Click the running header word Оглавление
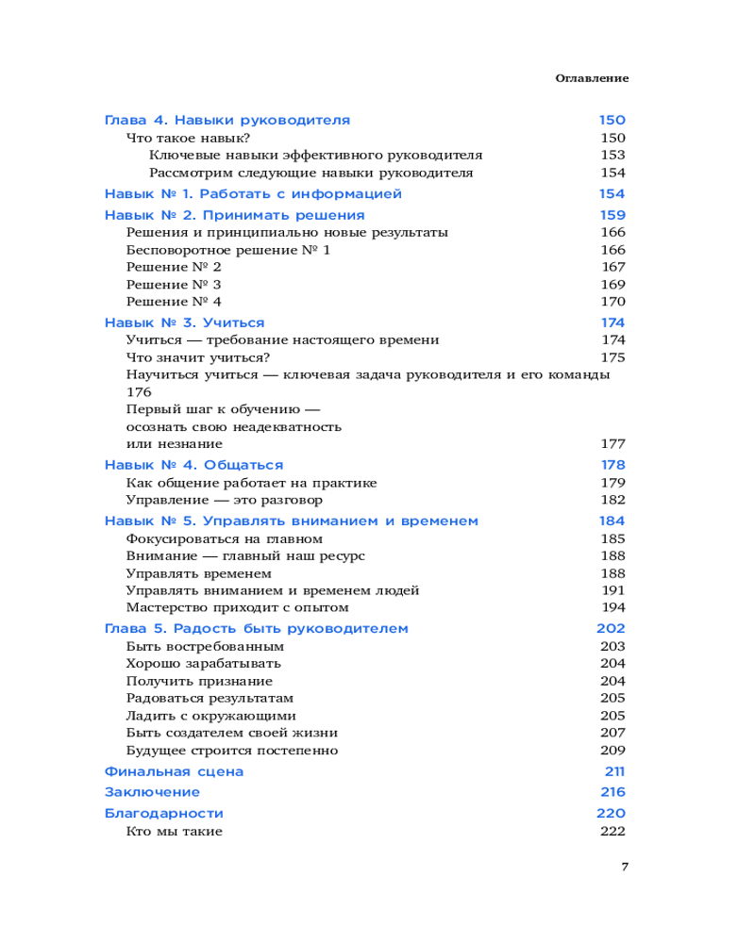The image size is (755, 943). click(x=592, y=78)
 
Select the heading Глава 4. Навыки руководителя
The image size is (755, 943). click(x=226, y=121)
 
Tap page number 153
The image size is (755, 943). click(x=612, y=156)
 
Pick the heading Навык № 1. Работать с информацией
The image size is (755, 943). click(x=253, y=194)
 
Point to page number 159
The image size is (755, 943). click(x=612, y=215)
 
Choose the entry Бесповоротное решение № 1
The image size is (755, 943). click(x=227, y=250)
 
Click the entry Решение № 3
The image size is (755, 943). click(x=174, y=285)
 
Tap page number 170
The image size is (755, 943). click(x=612, y=302)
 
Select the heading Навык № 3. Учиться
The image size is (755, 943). click(x=184, y=323)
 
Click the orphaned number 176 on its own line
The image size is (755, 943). click(x=139, y=392)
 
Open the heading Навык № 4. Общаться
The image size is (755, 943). click(x=193, y=465)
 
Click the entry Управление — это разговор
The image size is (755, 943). click(x=224, y=500)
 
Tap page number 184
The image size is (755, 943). click(x=612, y=521)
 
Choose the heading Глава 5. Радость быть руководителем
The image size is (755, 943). click(x=256, y=628)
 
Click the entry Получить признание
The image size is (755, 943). click(x=199, y=681)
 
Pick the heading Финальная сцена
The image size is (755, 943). click(x=174, y=771)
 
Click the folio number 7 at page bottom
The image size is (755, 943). click(x=625, y=868)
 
